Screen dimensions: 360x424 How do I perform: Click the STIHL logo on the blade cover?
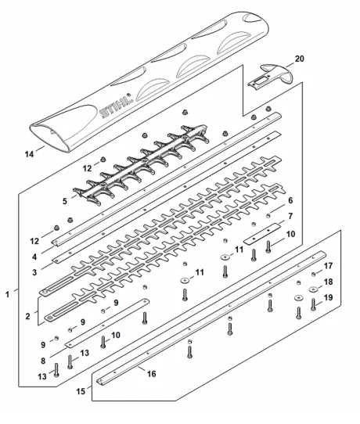pyautogui.click(x=116, y=105)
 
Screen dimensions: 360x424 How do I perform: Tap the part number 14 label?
pyautogui.click(x=29, y=154)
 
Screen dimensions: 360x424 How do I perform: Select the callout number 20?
pyautogui.click(x=299, y=59)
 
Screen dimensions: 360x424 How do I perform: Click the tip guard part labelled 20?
pyautogui.click(x=271, y=77)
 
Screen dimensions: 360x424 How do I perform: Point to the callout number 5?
pyautogui.click(x=65, y=202)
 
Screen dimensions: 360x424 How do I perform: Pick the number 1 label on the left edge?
pyautogui.click(x=8, y=294)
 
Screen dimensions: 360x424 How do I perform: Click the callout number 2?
pyautogui.click(x=27, y=316)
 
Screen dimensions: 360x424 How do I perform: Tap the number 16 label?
pyautogui.click(x=152, y=374)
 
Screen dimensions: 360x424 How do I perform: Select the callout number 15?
pyautogui.click(x=81, y=391)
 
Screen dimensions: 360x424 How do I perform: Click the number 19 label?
pyautogui.click(x=328, y=297)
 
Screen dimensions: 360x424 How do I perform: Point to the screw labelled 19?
pyautogui.click(x=313, y=304)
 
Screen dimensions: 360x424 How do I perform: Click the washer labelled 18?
pyautogui.click(x=314, y=289)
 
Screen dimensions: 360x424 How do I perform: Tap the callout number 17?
pyautogui.click(x=328, y=266)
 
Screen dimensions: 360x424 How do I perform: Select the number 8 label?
pyautogui.click(x=43, y=361)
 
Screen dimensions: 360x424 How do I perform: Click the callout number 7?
pyautogui.click(x=290, y=217)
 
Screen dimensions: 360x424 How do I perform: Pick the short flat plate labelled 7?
pyautogui.click(x=263, y=234)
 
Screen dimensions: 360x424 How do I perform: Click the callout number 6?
pyautogui.click(x=290, y=200)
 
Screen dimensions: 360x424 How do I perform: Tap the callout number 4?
pyautogui.click(x=34, y=257)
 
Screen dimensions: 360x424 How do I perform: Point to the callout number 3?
pyautogui.click(x=34, y=272)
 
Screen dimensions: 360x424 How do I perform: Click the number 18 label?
pyautogui.click(x=328, y=282)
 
